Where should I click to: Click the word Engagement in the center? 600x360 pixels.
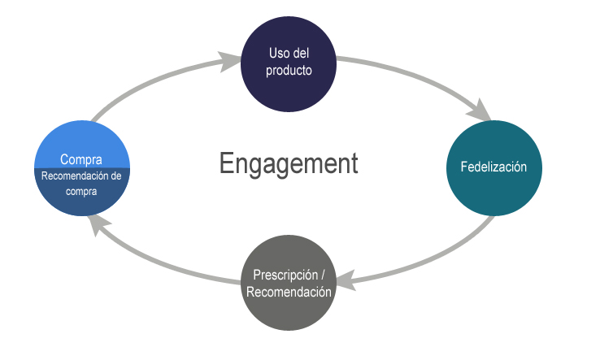tap(288, 163)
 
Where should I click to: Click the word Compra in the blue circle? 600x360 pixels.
tap(81, 158)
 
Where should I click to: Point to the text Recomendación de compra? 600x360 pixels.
tap(81, 183)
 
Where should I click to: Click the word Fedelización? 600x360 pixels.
tap(493, 167)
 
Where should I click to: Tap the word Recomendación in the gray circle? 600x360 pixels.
tap(289, 292)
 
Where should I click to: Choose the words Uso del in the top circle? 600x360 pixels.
tap(289, 54)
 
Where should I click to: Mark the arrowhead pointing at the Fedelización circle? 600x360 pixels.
tap(482, 110)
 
